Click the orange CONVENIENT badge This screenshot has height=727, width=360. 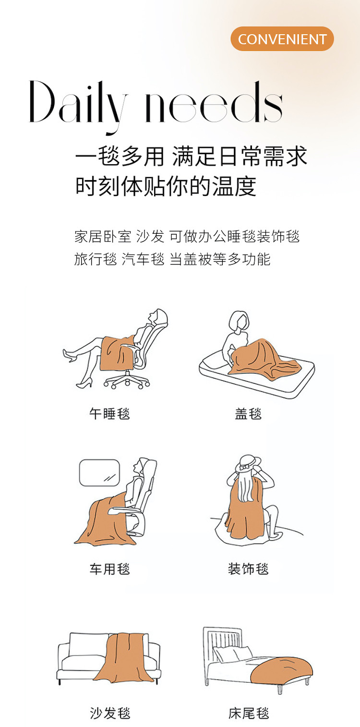coord(282,39)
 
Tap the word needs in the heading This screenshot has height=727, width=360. coord(214,102)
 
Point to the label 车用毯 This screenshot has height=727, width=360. coord(109,569)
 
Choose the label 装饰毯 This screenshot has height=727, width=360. coord(248,569)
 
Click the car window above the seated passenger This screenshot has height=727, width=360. coord(99,473)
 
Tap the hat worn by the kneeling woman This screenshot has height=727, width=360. coord(248,463)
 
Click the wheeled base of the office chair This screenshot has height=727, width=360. coord(127,380)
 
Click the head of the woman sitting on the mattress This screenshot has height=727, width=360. coord(240,321)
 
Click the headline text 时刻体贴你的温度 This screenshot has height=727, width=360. coord(166,186)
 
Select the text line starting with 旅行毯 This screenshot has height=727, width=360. coord(172,259)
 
